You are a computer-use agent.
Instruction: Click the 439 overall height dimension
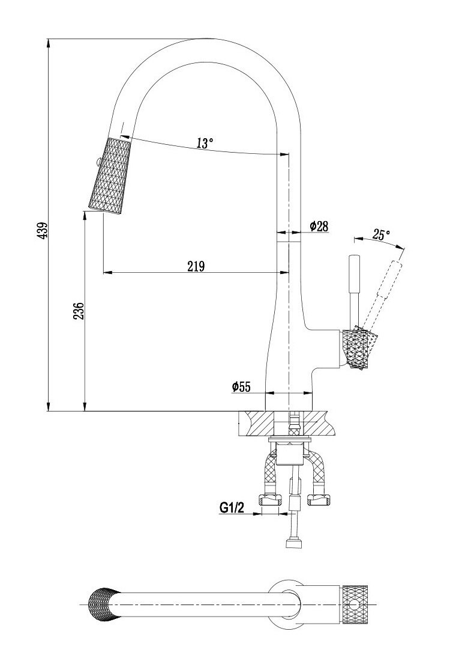coord(41,231)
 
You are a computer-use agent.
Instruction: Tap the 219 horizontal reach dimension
coord(196,266)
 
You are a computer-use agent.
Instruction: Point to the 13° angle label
coord(205,143)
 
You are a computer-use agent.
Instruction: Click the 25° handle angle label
coord(381,234)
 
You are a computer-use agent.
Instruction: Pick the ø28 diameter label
coord(319,226)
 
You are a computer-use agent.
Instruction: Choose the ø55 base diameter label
coord(241,388)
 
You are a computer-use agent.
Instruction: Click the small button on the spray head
coord(93,160)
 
